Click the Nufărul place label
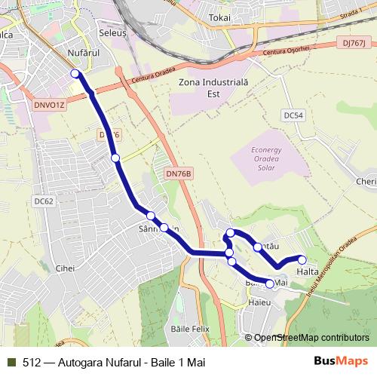pos(83,54)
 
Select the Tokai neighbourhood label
pos(219,17)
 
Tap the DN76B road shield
pos(179,174)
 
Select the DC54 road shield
pos(294,115)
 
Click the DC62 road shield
pos(44,201)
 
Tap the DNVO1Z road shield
pos(51,105)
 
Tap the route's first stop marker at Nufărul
pos(75,73)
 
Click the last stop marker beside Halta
pos(302,260)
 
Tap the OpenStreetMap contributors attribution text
pos(311,337)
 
